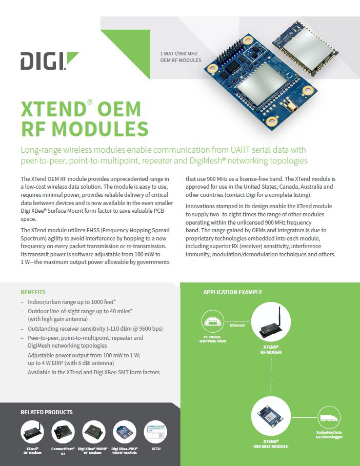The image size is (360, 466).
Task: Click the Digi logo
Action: (x=49, y=61)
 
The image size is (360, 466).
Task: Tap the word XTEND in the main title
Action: (x=53, y=109)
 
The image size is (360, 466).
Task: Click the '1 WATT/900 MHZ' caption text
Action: (x=179, y=53)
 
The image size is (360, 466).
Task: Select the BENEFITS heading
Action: (x=33, y=292)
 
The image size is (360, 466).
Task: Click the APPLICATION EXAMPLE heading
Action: (x=232, y=292)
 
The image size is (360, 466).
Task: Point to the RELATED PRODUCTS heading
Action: (x=47, y=412)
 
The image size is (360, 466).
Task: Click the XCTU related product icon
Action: (x=155, y=432)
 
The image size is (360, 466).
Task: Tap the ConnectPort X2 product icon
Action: (x=63, y=432)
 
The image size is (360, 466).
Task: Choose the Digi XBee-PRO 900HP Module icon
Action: (x=125, y=432)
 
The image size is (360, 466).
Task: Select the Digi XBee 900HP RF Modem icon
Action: (x=94, y=432)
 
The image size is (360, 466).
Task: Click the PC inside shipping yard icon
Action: (x=213, y=321)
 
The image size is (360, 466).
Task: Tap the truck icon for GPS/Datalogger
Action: (x=329, y=418)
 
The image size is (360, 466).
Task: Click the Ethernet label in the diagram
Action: (x=237, y=325)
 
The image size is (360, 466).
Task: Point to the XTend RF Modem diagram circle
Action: (x=271, y=322)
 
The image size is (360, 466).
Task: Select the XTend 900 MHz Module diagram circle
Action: (x=271, y=416)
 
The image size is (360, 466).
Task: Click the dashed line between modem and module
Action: (x=271, y=376)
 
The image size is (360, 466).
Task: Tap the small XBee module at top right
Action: (x=305, y=47)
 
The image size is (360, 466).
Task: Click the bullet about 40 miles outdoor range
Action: (x=80, y=315)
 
